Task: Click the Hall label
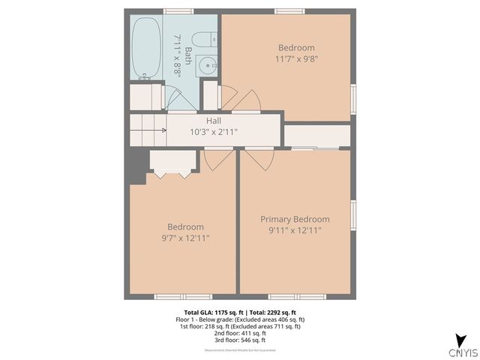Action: pyautogui.click(x=214, y=120)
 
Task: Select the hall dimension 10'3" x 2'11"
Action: pyautogui.click(x=214, y=132)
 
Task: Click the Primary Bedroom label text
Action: pyautogui.click(x=295, y=219)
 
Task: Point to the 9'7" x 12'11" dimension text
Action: pyautogui.click(x=185, y=238)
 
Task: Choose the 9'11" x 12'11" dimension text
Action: pyautogui.click(x=295, y=230)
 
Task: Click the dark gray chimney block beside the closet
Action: pyautogui.click(x=136, y=166)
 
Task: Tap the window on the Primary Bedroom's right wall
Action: pyautogui.click(x=352, y=214)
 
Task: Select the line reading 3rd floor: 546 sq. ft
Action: pyautogui.click(x=240, y=339)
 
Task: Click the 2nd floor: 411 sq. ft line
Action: pyautogui.click(x=240, y=332)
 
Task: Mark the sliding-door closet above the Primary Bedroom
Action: pyautogui.click(x=317, y=136)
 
